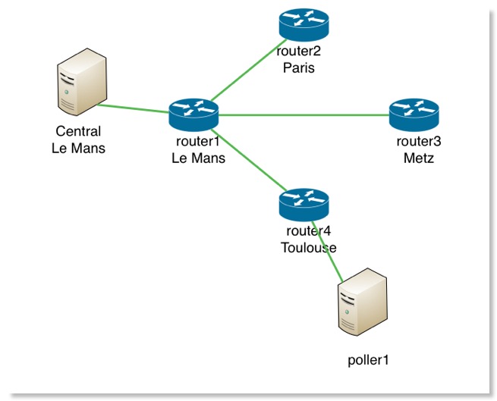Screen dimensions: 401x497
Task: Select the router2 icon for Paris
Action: coord(303,24)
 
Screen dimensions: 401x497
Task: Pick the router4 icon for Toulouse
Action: coord(304,202)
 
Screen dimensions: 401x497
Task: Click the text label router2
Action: coord(298,53)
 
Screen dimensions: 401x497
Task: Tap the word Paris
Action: coord(298,68)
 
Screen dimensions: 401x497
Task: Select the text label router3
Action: coord(418,142)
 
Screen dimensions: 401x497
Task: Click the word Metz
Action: coord(418,157)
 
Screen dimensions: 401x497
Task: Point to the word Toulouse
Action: coord(306,247)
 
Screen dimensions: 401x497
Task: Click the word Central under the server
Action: coord(78,132)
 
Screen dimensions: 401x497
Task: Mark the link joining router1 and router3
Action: coord(304,115)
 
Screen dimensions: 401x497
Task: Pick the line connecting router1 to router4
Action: coord(250,160)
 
